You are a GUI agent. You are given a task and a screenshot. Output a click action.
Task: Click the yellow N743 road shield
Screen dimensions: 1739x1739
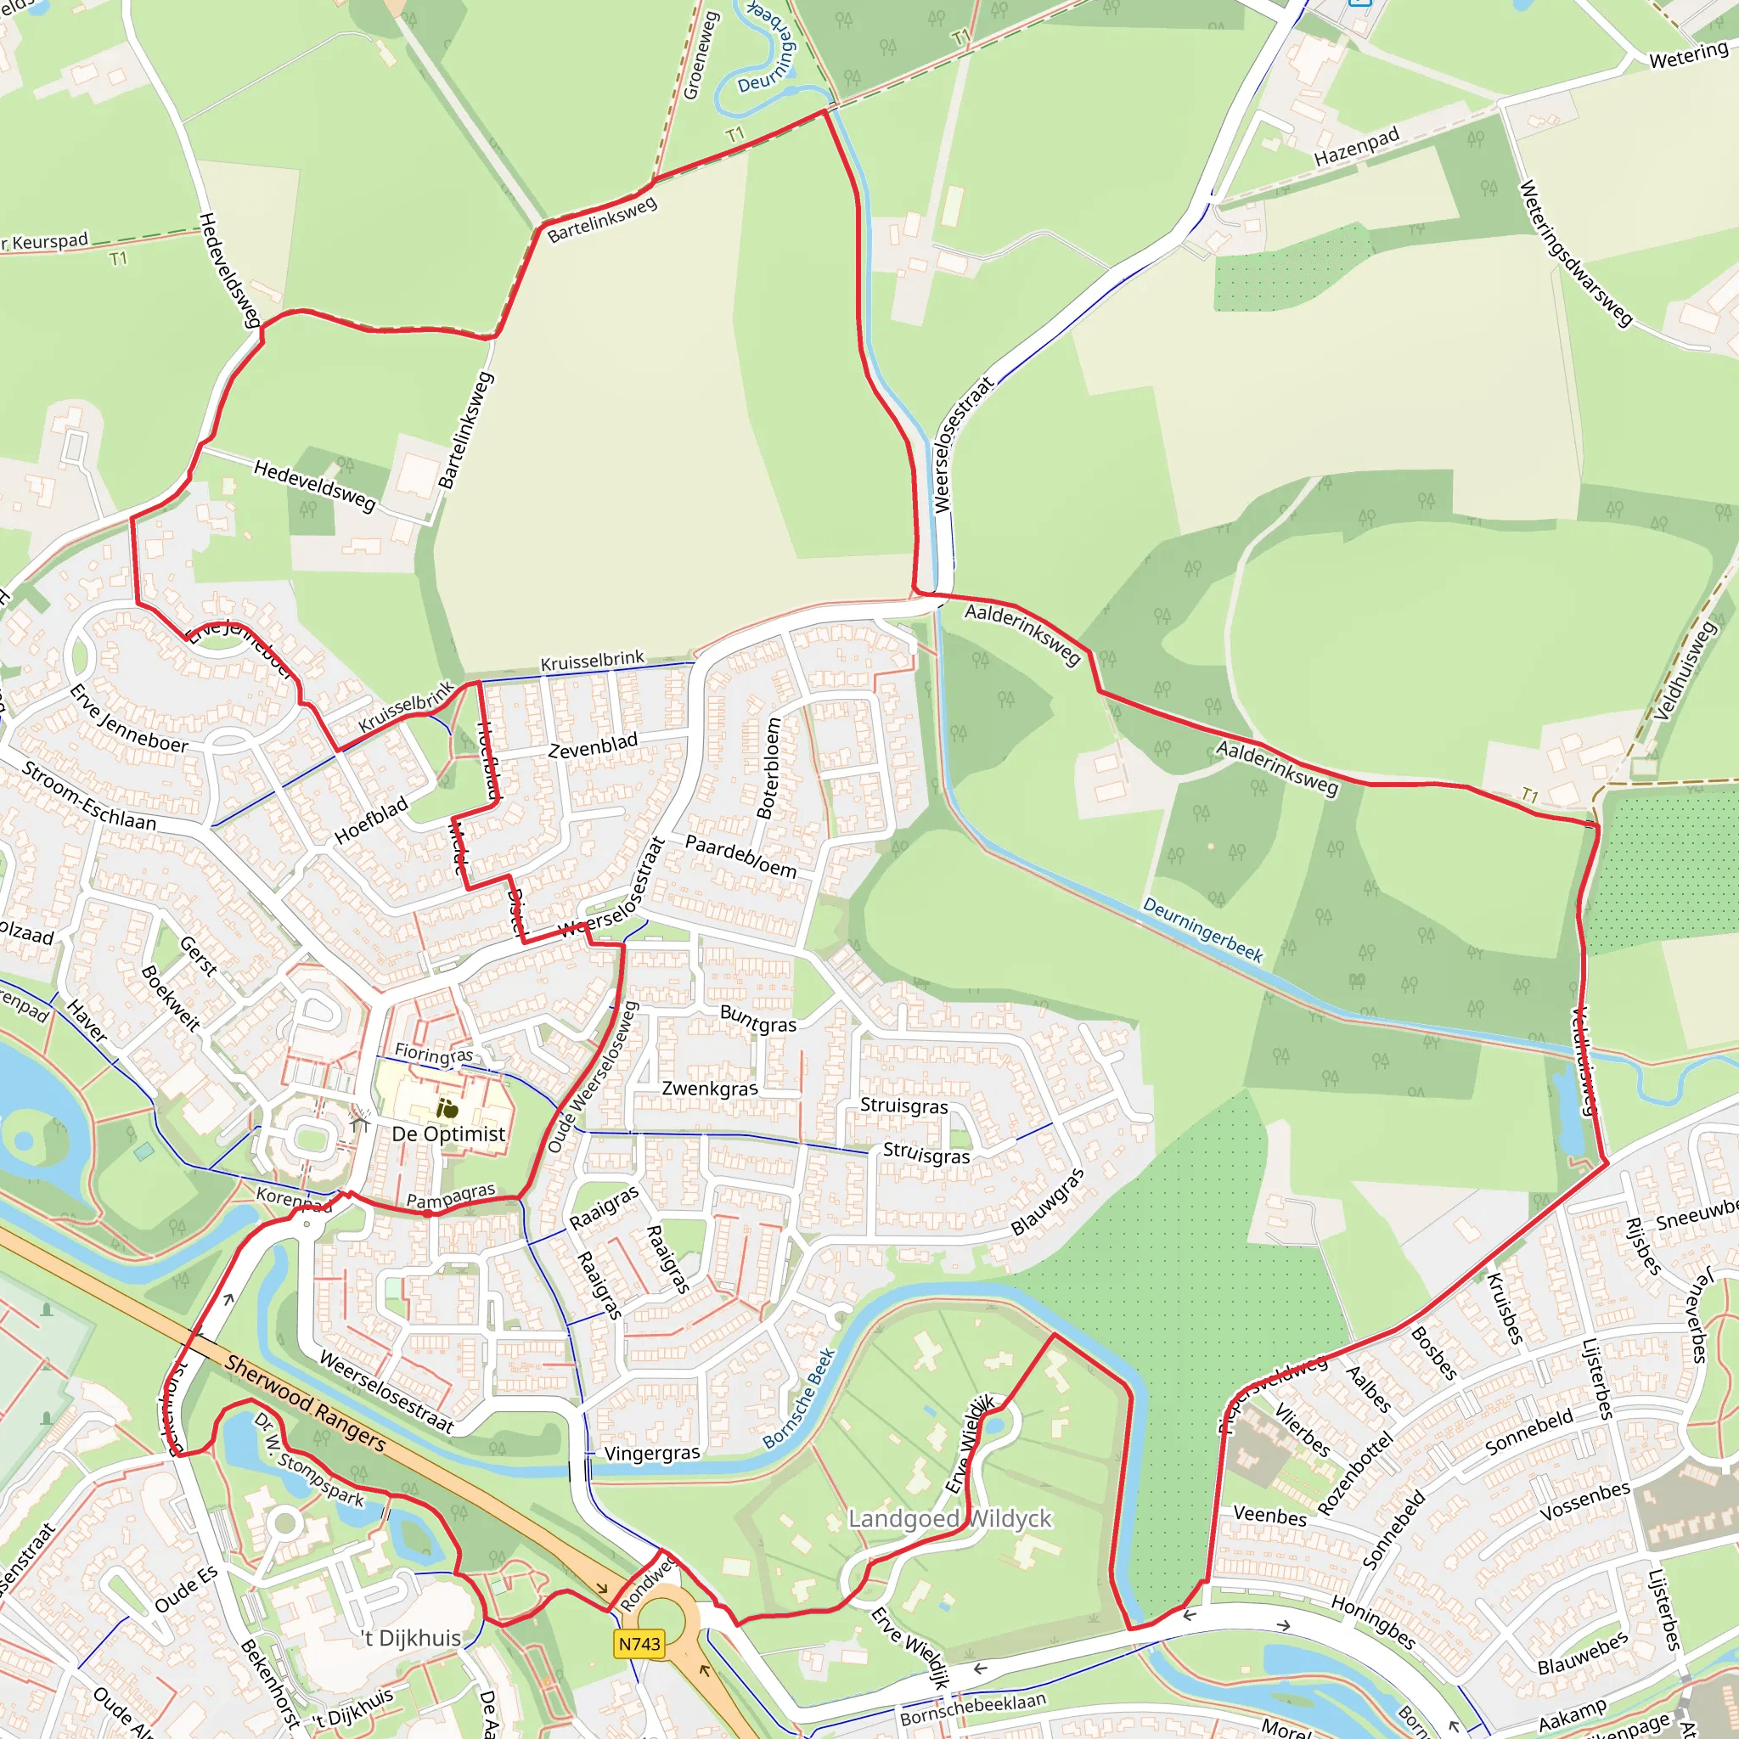(639, 1644)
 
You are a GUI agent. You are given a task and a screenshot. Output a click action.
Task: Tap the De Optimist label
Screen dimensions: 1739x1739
(448, 1134)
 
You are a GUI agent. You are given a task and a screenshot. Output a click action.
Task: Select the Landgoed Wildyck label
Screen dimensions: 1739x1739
(949, 1518)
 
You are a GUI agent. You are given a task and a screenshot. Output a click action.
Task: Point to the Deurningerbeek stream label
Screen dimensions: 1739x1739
(1202, 930)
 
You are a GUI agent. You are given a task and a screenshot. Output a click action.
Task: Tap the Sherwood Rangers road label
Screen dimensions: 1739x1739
(305, 1404)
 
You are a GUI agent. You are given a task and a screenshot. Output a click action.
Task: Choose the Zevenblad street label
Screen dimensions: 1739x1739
(594, 746)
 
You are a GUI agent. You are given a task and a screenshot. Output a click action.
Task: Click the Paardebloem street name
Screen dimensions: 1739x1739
(740, 856)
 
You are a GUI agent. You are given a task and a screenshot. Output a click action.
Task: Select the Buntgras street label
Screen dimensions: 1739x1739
(758, 1018)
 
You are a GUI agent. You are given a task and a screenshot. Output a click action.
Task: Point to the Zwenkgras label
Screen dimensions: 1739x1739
(710, 1089)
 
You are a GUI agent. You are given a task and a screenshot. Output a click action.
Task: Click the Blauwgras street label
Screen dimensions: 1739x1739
(1047, 1201)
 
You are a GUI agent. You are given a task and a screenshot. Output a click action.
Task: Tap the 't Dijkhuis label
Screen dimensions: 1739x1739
(411, 1637)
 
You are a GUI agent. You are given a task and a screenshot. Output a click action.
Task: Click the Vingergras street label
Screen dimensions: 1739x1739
(651, 1454)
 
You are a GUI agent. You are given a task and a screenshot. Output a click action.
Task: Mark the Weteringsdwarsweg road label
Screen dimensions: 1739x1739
(1575, 254)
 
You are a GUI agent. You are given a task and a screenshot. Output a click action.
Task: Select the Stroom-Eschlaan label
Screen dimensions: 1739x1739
(89, 796)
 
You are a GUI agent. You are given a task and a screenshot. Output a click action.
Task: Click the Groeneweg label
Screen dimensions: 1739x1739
(701, 55)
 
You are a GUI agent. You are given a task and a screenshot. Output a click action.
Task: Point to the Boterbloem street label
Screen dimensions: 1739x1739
(768, 768)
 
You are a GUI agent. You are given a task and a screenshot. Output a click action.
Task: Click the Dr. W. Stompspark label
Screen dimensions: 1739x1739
(309, 1460)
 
